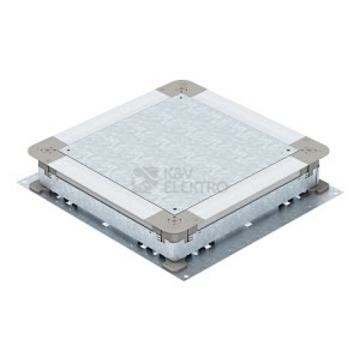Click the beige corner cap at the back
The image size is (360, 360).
pyautogui.click(x=181, y=88)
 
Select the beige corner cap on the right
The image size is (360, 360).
pyautogui.click(x=311, y=149)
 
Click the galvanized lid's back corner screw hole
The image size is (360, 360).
pyautogui.click(x=181, y=98)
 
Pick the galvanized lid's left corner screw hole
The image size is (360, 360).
pyautogui.click(x=68, y=150)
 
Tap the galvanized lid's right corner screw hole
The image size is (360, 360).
pyautogui.click(x=288, y=150)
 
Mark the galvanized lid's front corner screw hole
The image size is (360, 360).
pyautogui.click(x=175, y=209)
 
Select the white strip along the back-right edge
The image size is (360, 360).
pyautogui.click(x=247, y=115)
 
